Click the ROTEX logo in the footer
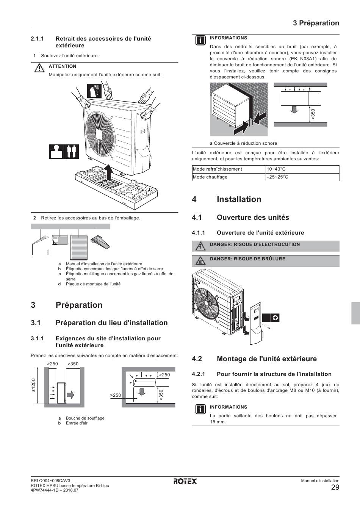pos(185,481)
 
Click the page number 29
pos(335,487)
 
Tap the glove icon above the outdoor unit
pos(94,91)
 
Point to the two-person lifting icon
pos(71,151)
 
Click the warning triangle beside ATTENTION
pos(39,69)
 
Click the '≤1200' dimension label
pos(34,385)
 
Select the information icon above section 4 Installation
pos(200,41)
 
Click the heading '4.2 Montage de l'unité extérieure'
pos(254,359)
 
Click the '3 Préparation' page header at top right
pos(316,23)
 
